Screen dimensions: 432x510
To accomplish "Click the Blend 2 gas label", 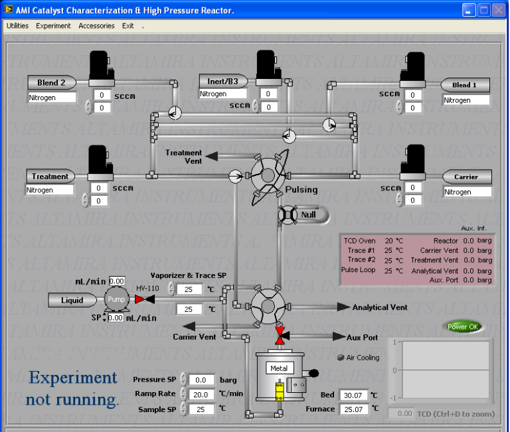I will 52,83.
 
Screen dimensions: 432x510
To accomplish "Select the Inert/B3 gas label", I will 223,81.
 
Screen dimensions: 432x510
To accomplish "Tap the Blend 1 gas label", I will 466,85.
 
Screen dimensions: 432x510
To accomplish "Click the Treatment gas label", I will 50,177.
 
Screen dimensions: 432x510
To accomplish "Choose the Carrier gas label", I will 467,177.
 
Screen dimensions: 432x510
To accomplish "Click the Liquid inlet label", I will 72,300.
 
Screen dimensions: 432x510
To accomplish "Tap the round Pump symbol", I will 116,299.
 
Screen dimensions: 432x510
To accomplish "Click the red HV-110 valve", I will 144,299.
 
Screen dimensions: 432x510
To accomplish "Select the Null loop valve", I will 290,215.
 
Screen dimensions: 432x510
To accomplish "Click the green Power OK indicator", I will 463,326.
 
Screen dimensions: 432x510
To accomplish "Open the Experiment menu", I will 53,26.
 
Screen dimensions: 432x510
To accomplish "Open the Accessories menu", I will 96,26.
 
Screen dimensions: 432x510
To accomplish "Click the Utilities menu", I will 17,26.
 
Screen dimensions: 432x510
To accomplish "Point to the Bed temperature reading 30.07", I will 353,396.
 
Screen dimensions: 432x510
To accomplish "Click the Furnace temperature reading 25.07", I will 353,409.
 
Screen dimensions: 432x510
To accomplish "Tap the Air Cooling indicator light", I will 341,357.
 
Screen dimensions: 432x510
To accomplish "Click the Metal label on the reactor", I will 279,368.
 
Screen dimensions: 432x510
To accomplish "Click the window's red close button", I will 499,9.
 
